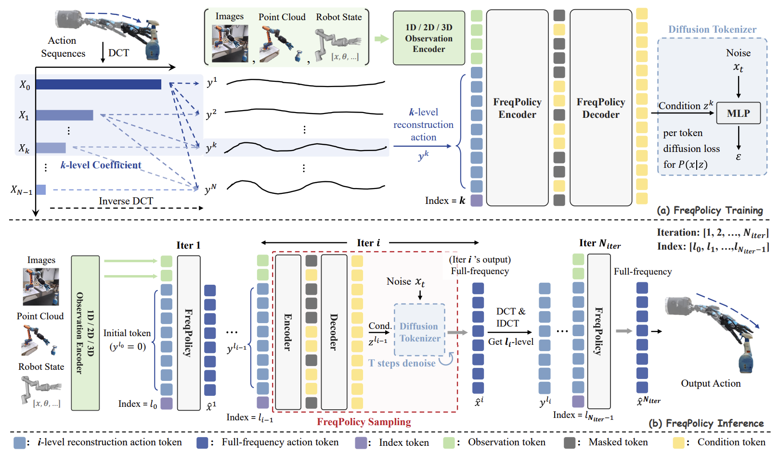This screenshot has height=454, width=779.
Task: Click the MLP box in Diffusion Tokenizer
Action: (x=738, y=113)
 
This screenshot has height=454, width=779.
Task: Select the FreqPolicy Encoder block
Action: (x=517, y=108)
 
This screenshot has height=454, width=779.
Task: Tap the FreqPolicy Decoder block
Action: (x=601, y=108)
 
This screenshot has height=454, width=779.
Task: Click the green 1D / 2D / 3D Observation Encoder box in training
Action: (x=428, y=38)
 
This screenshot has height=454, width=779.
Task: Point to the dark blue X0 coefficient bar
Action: (x=98, y=85)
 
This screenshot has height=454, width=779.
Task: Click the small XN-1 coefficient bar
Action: (x=41, y=190)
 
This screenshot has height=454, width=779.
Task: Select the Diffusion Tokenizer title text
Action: (x=712, y=29)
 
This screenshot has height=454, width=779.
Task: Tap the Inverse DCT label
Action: (x=126, y=201)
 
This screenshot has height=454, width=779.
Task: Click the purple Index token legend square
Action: (x=361, y=442)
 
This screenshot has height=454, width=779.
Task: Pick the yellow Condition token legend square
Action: (x=678, y=442)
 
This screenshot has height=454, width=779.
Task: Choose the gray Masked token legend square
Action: (x=570, y=442)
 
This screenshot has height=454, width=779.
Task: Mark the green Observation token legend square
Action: (x=449, y=442)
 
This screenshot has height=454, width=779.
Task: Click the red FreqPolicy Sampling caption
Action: (x=364, y=422)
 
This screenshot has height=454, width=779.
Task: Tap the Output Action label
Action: (x=711, y=383)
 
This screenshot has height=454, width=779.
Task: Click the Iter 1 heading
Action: (x=188, y=245)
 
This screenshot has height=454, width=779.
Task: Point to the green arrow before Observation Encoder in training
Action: (x=381, y=38)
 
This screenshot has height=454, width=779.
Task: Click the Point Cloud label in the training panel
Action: (x=282, y=17)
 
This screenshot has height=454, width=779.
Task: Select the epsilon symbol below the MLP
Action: (x=738, y=157)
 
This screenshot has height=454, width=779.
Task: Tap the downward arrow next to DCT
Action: (x=103, y=52)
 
